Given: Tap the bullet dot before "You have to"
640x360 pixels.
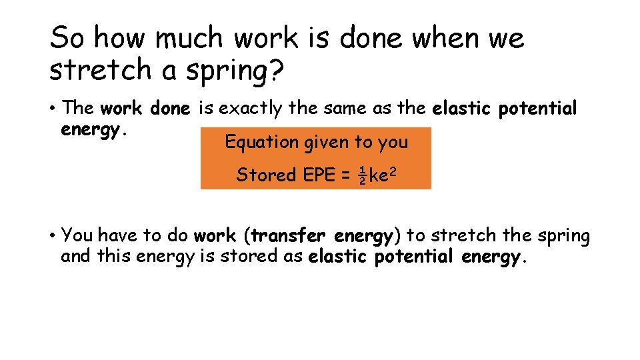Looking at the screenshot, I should [x=53, y=235].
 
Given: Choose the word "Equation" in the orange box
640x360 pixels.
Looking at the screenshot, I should [x=262, y=142].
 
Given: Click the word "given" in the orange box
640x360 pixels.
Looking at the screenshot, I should [x=325, y=143].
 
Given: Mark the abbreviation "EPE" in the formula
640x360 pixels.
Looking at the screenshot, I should [x=319, y=175].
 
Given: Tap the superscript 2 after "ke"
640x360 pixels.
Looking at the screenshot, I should [x=395, y=171].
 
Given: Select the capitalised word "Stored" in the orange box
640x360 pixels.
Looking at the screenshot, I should [x=266, y=175].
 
